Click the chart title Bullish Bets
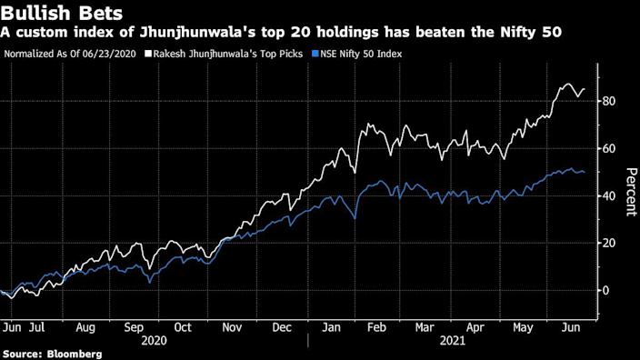pos(58,12)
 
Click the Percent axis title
pos(629,191)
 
